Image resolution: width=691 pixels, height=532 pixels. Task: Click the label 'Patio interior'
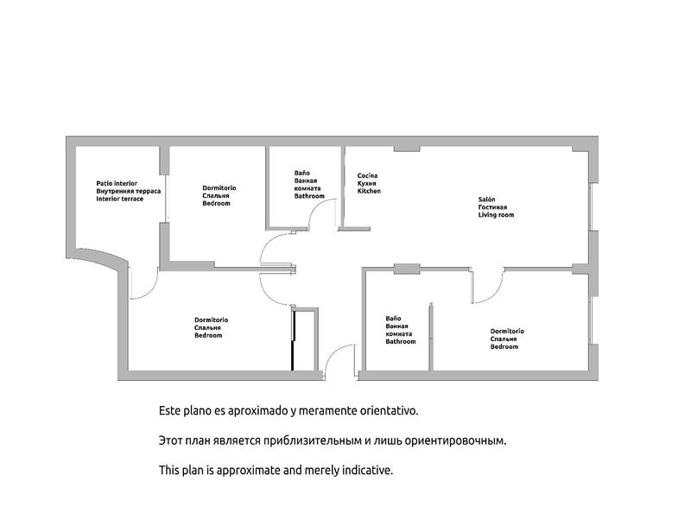click(117, 183)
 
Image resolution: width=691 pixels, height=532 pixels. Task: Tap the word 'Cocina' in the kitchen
click(367, 175)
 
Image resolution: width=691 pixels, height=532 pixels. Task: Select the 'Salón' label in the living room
click(486, 199)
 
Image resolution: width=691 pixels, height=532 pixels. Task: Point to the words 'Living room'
click(496, 215)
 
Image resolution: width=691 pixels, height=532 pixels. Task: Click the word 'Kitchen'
click(369, 191)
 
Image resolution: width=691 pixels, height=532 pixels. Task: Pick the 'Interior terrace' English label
click(120, 199)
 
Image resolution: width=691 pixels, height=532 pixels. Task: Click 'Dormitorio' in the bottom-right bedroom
click(507, 331)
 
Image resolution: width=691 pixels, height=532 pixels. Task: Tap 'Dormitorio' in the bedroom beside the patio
click(219, 187)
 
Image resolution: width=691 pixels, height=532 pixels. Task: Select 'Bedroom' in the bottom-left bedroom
click(208, 335)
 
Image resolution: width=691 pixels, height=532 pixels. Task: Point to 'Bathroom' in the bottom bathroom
click(400, 341)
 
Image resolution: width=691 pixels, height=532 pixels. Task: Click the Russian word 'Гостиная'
click(493, 207)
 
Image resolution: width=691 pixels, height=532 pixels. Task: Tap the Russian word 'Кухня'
click(367, 183)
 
